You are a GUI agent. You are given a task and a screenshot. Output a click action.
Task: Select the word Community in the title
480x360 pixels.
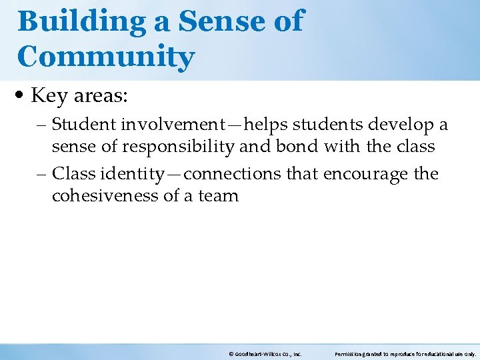(106, 57)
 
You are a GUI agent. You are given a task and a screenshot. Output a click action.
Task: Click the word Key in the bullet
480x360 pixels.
(47, 97)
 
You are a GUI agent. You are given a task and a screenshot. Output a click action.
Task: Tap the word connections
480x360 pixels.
(233, 174)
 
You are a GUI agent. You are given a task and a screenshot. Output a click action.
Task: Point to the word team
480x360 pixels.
(218, 196)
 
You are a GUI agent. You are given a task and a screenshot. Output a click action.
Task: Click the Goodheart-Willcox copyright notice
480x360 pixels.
(265, 354)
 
